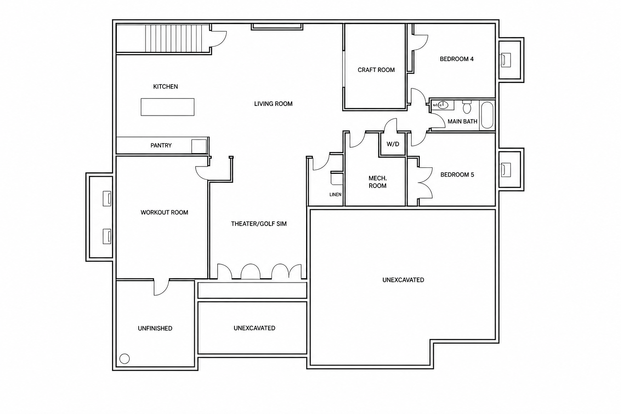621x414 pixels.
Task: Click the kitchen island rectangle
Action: (167, 107)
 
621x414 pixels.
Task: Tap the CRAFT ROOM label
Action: (376, 70)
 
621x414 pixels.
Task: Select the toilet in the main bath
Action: (467, 107)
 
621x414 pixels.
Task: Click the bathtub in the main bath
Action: (487, 115)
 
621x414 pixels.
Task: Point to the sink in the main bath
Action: (443, 105)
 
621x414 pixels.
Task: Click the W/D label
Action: (393, 144)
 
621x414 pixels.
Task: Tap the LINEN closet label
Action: (335, 194)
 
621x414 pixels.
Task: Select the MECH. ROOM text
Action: (378, 182)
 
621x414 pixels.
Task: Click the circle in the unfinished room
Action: (125, 359)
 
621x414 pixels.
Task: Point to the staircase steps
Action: (177, 38)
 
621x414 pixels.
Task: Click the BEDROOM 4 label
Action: (456, 59)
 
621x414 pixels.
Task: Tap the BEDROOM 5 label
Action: (457, 175)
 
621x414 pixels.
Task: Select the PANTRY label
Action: (161, 145)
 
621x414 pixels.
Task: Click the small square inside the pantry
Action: (199, 146)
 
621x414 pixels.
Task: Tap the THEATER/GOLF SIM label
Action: (259, 224)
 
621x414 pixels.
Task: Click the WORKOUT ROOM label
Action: (165, 212)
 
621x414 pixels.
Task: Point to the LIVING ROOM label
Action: (273, 104)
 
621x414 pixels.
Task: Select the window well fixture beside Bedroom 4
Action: (506, 60)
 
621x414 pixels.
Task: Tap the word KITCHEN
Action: (165, 87)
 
